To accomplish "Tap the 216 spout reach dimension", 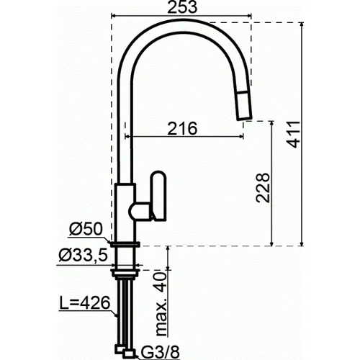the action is (x=182, y=128).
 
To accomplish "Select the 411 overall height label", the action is (x=294, y=135).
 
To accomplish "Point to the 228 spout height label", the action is (x=263, y=188).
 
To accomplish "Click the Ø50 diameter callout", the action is (x=86, y=230).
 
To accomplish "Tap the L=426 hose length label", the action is (x=85, y=303).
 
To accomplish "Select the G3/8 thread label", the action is (x=160, y=352).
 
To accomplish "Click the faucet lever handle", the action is (x=153, y=197).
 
